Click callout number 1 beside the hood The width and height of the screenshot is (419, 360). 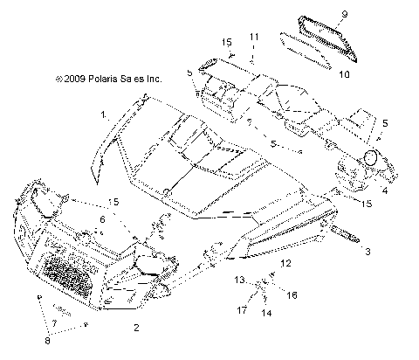pos(103,114)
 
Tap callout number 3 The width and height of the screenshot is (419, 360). pos(367,252)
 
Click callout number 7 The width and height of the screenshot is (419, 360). pos(54,323)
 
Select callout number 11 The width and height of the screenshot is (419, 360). pos(252,36)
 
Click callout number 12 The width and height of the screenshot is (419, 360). pos(286,262)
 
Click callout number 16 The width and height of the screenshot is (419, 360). pos(293,295)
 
